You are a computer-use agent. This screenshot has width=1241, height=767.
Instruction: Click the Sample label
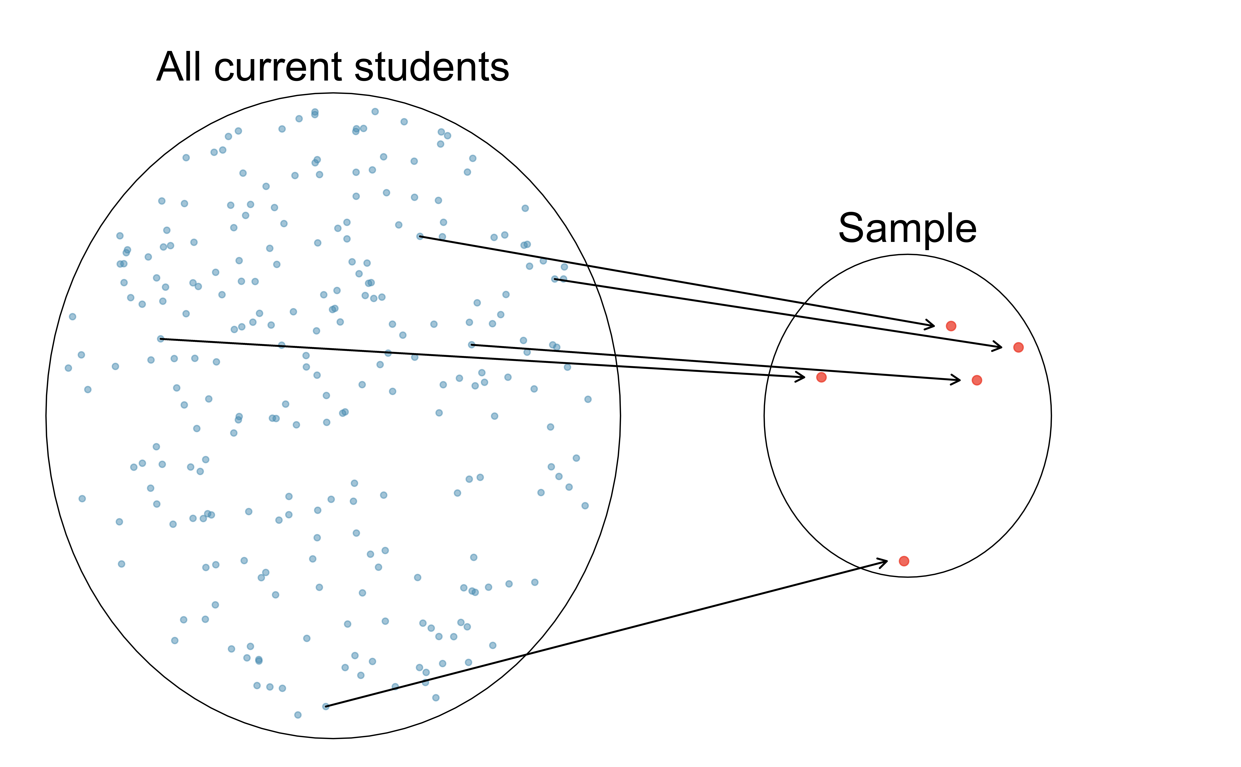[907, 228]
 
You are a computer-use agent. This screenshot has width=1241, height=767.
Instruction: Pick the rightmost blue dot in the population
[588, 399]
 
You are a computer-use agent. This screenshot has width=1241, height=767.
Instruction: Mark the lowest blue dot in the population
[298, 715]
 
